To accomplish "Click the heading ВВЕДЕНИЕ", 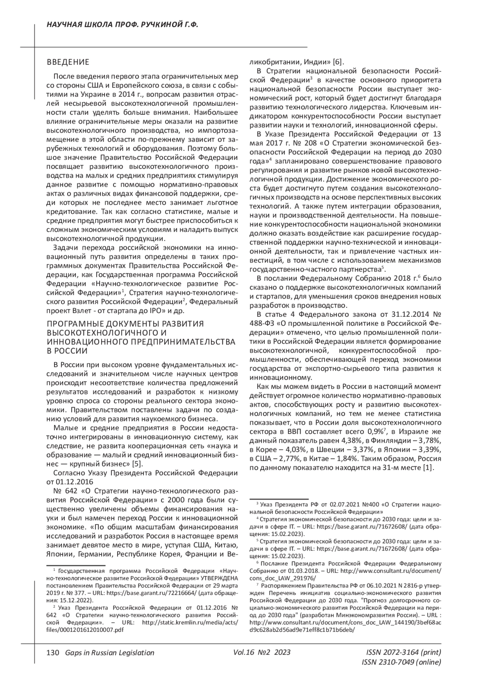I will [x=68, y=63].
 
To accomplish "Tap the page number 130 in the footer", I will [x=53, y=653].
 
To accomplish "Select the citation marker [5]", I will [x=137, y=464].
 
